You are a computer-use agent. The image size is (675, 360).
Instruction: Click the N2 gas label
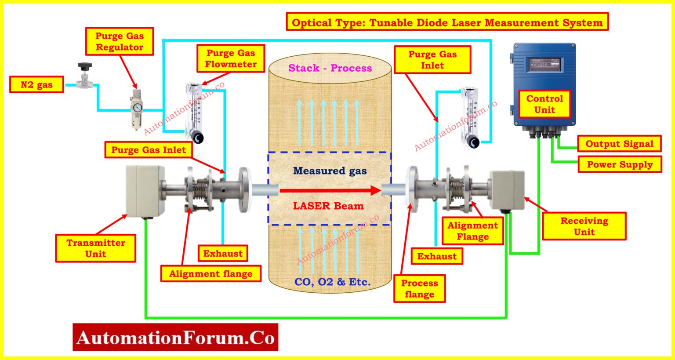point(36,85)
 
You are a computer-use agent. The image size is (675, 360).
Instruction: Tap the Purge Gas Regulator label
point(119,42)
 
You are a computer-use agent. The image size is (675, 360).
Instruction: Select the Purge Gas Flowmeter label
point(231,58)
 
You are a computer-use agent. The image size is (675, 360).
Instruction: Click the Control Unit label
point(544,104)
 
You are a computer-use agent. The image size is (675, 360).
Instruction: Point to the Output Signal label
point(619,144)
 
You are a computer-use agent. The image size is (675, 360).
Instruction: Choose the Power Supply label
point(620,164)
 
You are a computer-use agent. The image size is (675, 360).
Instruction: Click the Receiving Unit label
point(584,226)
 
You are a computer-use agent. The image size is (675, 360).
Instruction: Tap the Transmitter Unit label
point(95,248)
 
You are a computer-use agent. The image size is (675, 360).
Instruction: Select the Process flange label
point(419,289)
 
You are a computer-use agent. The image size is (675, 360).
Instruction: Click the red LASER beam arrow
point(330,190)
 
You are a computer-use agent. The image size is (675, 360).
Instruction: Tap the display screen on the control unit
point(544,65)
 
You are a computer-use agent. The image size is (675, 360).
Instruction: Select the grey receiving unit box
point(507,190)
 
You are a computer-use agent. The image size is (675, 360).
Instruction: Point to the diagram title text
point(447,22)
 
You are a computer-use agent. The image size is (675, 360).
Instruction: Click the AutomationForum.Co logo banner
point(175,337)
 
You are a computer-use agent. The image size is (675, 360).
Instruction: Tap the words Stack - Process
point(330,68)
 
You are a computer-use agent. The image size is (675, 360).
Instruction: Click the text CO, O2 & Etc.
point(332,282)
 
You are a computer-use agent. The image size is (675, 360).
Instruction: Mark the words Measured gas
point(330,171)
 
